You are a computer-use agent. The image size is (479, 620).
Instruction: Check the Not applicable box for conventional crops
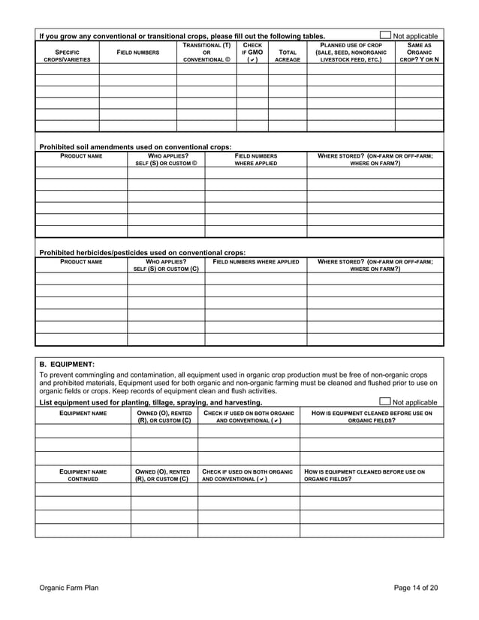(x=386, y=35)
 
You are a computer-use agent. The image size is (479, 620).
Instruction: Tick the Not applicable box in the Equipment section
(x=386, y=402)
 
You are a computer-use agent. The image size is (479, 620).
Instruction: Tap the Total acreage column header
(x=287, y=56)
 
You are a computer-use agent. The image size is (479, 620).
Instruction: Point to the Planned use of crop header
(x=351, y=53)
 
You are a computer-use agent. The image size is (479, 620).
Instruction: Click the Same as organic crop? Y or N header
(x=419, y=53)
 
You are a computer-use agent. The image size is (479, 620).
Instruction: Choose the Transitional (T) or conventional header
(x=206, y=53)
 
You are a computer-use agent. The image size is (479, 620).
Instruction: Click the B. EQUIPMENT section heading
(x=67, y=363)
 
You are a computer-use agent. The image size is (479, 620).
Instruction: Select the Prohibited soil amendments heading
(x=135, y=146)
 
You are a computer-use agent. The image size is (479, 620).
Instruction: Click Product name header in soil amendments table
(x=81, y=156)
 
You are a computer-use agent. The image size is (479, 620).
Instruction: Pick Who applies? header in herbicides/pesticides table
(x=165, y=265)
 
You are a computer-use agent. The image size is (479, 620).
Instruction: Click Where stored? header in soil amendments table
(x=375, y=159)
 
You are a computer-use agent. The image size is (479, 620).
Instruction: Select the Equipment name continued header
(x=83, y=475)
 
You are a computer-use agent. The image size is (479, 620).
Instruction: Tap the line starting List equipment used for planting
(x=150, y=402)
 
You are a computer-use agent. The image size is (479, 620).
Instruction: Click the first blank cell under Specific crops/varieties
(x=67, y=69)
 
